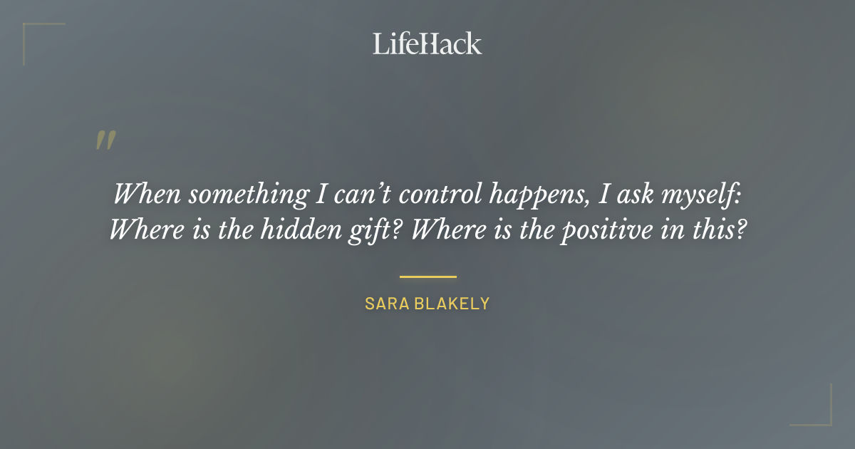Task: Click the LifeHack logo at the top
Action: click(x=427, y=43)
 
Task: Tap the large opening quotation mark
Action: click(x=105, y=140)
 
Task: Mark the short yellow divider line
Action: click(x=427, y=277)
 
